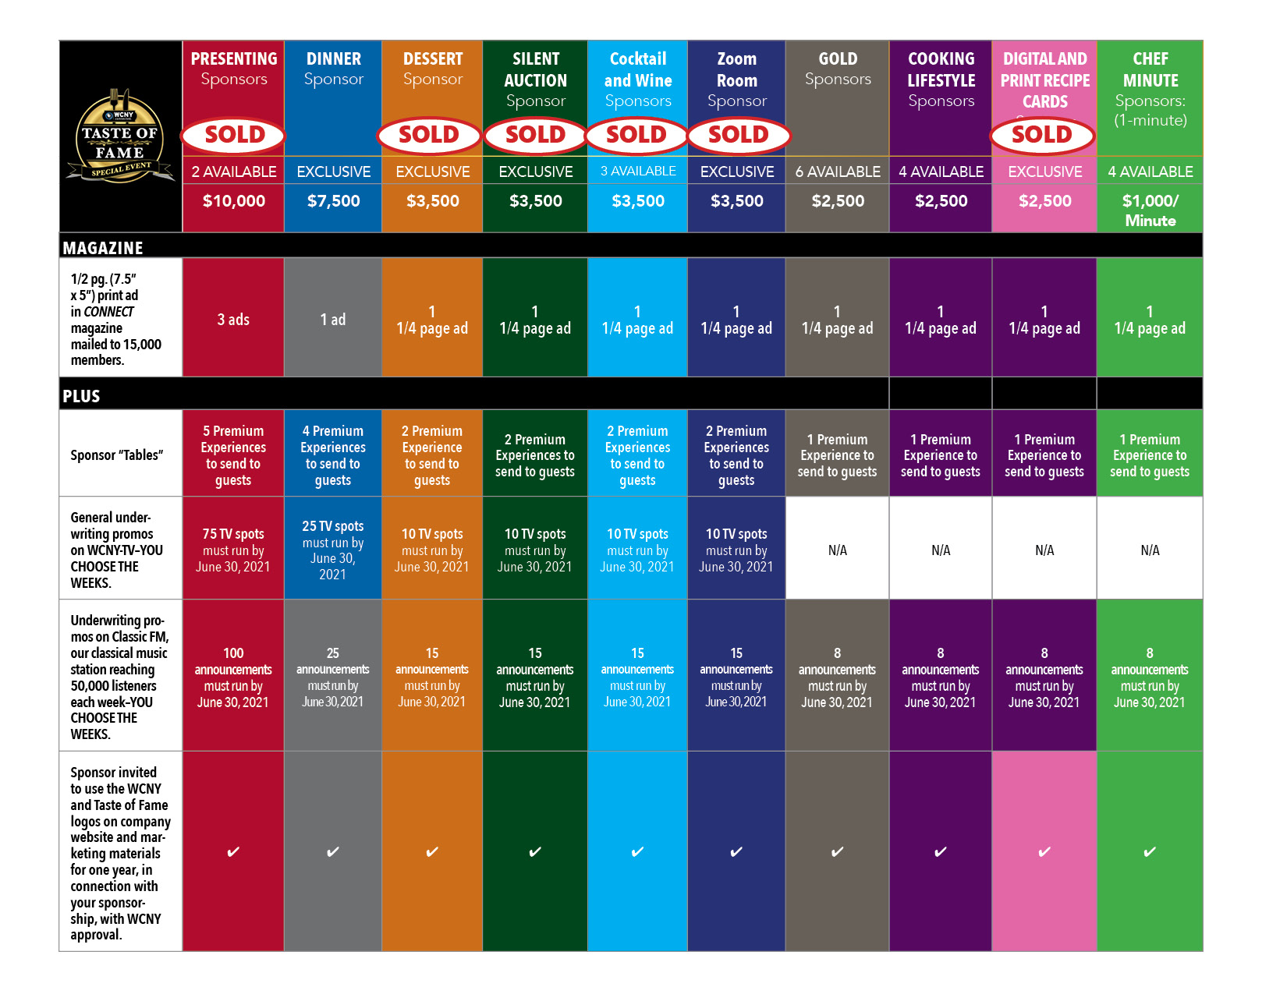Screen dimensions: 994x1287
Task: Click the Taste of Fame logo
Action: pyautogui.click(x=120, y=136)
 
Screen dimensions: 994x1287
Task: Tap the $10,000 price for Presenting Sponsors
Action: pyautogui.click(x=233, y=201)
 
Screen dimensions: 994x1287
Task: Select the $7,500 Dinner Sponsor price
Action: pyautogui.click(x=333, y=201)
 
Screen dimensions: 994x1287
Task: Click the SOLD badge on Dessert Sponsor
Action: pyautogui.click(x=429, y=135)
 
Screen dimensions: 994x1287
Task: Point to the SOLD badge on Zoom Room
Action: pyautogui.click(x=738, y=135)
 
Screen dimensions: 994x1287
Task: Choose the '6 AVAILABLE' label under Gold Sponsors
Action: pyautogui.click(x=838, y=172)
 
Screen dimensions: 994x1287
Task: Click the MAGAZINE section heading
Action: pyautogui.click(x=103, y=248)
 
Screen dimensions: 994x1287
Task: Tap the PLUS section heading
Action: pyautogui.click(x=82, y=396)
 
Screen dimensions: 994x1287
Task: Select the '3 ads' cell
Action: pyautogui.click(x=233, y=320)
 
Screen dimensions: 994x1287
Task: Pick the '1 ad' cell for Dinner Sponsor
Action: pyautogui.click(x=333, y=320)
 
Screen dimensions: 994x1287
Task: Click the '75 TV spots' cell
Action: pyautogui.click(x=233, y=550)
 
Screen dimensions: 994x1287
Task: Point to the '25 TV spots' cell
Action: pyautogui.click(x=333, y=550)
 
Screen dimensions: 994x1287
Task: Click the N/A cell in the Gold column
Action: pyautogui.click(x=838, y=550)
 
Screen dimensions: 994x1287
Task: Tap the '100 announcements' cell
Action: pyautogui.click(x=233, y=677)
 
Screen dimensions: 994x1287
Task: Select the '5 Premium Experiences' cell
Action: pyautogui.click(x=233, y=455)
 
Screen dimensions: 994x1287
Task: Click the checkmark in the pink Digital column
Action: pyautogui.click(x=1044, y=852)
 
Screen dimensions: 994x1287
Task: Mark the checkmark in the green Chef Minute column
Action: pyautogui.click(x=1150, y=852)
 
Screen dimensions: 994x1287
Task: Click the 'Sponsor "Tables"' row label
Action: pyautogui.click(x=117, y=455)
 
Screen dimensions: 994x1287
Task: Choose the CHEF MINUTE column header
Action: pyautogui.click(x=1150, y=70)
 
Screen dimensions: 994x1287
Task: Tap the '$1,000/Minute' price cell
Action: pyautogui.click(x=1150, y=210)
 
